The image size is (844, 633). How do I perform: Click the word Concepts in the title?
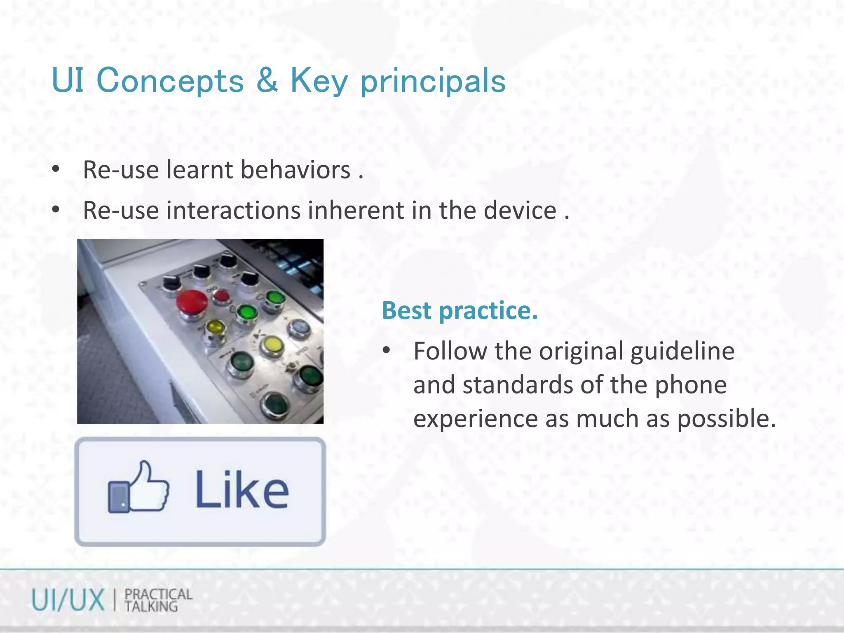pos(170,81)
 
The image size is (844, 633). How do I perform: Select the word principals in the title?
pos(433,82)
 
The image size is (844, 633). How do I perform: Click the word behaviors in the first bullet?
pos(295,170)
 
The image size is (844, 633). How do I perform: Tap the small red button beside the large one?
pos(221,295)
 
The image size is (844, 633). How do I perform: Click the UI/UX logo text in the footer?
pos(68,600)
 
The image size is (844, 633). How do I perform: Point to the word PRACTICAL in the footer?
pos(158,594)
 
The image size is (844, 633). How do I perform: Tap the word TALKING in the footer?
pos(151,607)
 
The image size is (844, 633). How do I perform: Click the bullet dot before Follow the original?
pos(386,351)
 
